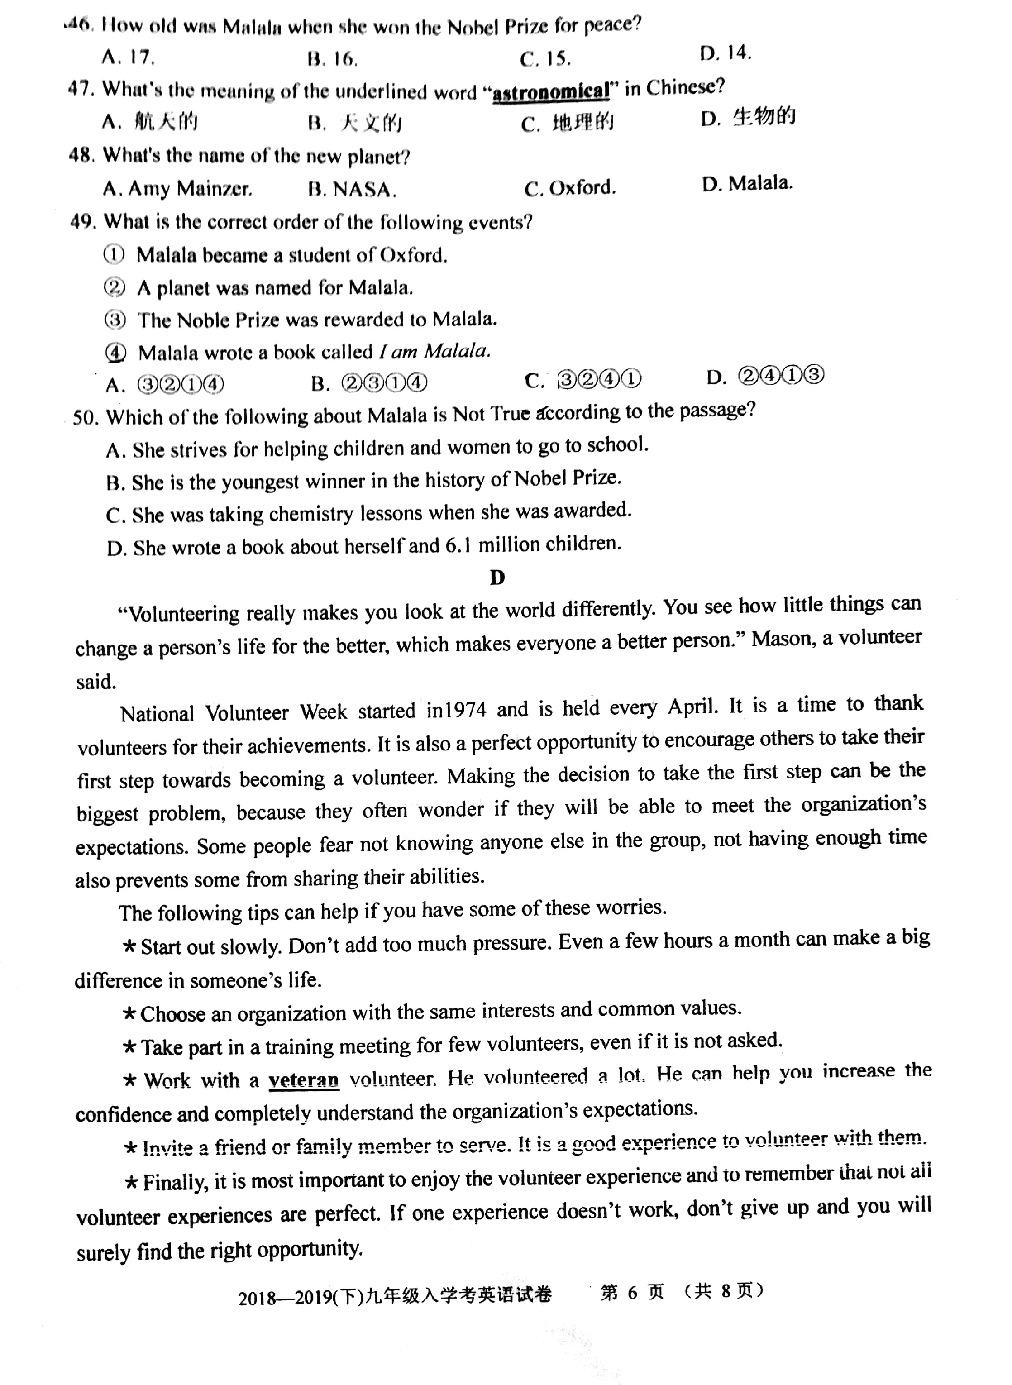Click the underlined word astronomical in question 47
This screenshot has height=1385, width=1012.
click(551, 92)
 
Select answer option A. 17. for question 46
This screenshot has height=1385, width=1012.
click(128, 57)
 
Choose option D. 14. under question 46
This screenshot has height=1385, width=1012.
click(726, 53)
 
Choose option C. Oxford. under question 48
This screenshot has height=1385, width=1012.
click(570, 187)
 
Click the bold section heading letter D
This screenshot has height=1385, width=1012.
click(497, 577)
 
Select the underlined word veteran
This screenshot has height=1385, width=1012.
click(303, 1079)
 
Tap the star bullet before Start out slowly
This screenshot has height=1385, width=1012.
click(129, 946)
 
